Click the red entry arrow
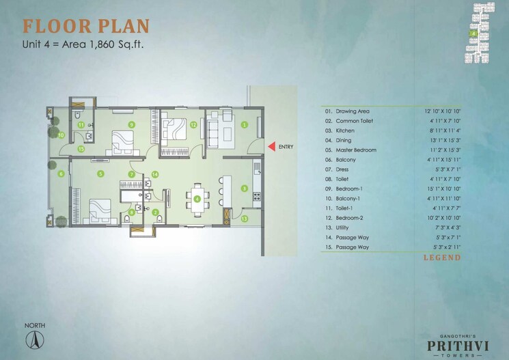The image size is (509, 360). (x=271, y=146)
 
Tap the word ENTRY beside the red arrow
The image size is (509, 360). (x=286, y=146)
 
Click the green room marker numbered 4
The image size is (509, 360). (x=197, y=199)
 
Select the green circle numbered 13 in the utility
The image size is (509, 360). (x=245, y=219)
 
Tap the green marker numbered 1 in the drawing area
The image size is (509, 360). (x=244, y=124)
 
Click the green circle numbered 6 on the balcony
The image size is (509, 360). (x=61, y=174)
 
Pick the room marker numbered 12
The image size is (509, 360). (x=193, y=125)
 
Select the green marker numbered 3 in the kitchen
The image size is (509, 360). (x=244, y=188)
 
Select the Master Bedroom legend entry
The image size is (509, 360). (x=355, y=150)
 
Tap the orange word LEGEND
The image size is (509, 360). (x=442, y=258)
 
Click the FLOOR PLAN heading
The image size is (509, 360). (x=85, y=27)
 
